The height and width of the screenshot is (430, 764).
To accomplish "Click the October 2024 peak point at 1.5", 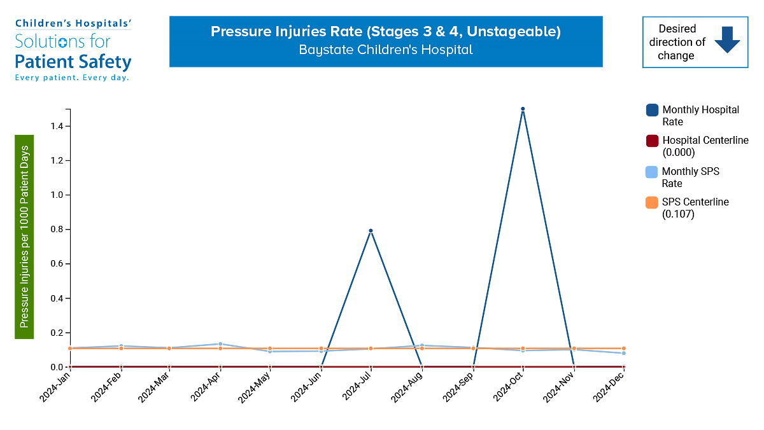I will (x=523, y=109).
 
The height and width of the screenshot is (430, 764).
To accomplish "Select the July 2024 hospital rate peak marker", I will (x=371, y=230).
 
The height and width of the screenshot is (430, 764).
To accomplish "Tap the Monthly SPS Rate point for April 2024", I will (x=220, y=344).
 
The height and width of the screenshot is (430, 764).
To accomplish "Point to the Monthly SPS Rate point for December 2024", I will (x=623, y=353).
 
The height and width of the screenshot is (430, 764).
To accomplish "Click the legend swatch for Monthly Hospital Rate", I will (x=652, y=110).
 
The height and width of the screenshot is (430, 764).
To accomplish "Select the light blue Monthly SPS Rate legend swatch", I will (x=652, y=172).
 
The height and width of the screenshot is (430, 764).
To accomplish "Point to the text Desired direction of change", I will (x=677, y=42).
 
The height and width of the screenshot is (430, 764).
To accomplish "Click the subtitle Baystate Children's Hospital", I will (x=386, y=50).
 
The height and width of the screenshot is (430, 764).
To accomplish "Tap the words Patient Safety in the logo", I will (x=73, y=62).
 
